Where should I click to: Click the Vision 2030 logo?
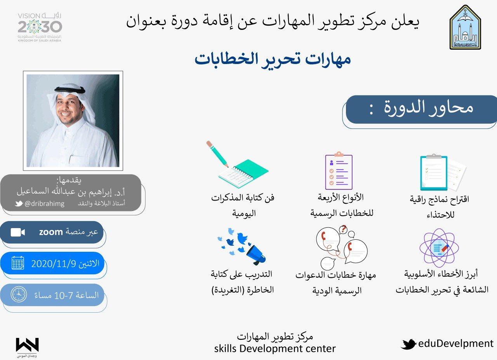pos(40,28)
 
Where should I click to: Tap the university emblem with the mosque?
pos(465,27)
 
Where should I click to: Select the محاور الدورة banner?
pos(421,109)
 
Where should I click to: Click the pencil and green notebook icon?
pos(237,164)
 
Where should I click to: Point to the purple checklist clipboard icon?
pos(339,171)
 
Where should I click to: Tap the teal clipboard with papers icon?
pos(443,173)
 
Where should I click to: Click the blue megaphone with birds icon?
pos(242,246)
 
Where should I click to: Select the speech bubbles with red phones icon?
pos(342,247)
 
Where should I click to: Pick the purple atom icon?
pos(439,248)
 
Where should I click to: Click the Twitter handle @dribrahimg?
pos(44,204)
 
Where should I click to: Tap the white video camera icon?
pos(18,232)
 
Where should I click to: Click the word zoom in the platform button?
pos(51,232)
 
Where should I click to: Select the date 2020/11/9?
pos(54,264)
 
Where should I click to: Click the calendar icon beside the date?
pos(18,263)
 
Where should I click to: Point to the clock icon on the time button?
pos(19,294)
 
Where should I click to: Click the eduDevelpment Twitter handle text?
pos(456,344)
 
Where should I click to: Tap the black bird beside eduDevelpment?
pos(408,344)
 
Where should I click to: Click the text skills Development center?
pos(275,349)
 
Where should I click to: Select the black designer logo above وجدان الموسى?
pos(27,345)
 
